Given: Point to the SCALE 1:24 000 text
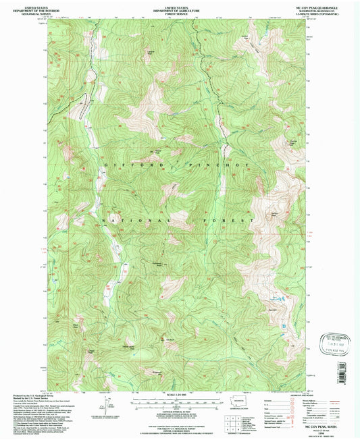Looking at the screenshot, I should coord(180,394).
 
